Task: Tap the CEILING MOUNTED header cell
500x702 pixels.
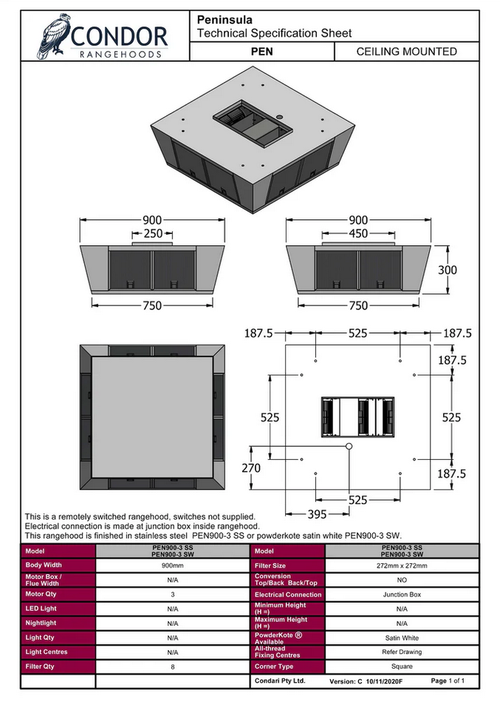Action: pyautogui.click(x=406, y=52)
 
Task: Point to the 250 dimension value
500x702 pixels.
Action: pyautogui.click(x=153, y=233)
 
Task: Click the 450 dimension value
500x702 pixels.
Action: pyautogui.click(x=358, y=233)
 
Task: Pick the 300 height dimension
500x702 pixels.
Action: pyautogui.click(x=448, y=270)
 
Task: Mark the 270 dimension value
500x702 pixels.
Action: pyautogui.click(x=252, y=467)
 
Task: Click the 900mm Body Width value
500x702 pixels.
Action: pyautogui.click(x=172, y=565)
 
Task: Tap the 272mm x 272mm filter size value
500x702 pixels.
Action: pyautogui.click(x=402, y=565)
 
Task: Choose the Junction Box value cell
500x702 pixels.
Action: pyautogui.click(x=402, y=594)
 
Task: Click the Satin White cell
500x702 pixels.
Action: pyautogui.click(x=402, y=638)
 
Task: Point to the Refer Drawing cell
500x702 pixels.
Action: pyautogui.click(x=402, y=652)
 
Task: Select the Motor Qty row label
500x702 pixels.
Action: pyautogui.click(x=41, y=594)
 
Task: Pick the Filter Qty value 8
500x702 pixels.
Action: pyautogui.click(x=172, y=667)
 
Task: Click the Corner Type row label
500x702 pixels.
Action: pyautogui.click(x=274, y=667)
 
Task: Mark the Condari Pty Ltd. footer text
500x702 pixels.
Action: pyautogui.click(x=280, y=681)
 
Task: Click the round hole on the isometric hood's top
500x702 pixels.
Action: pyautogui.click(x=281, y=117)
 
